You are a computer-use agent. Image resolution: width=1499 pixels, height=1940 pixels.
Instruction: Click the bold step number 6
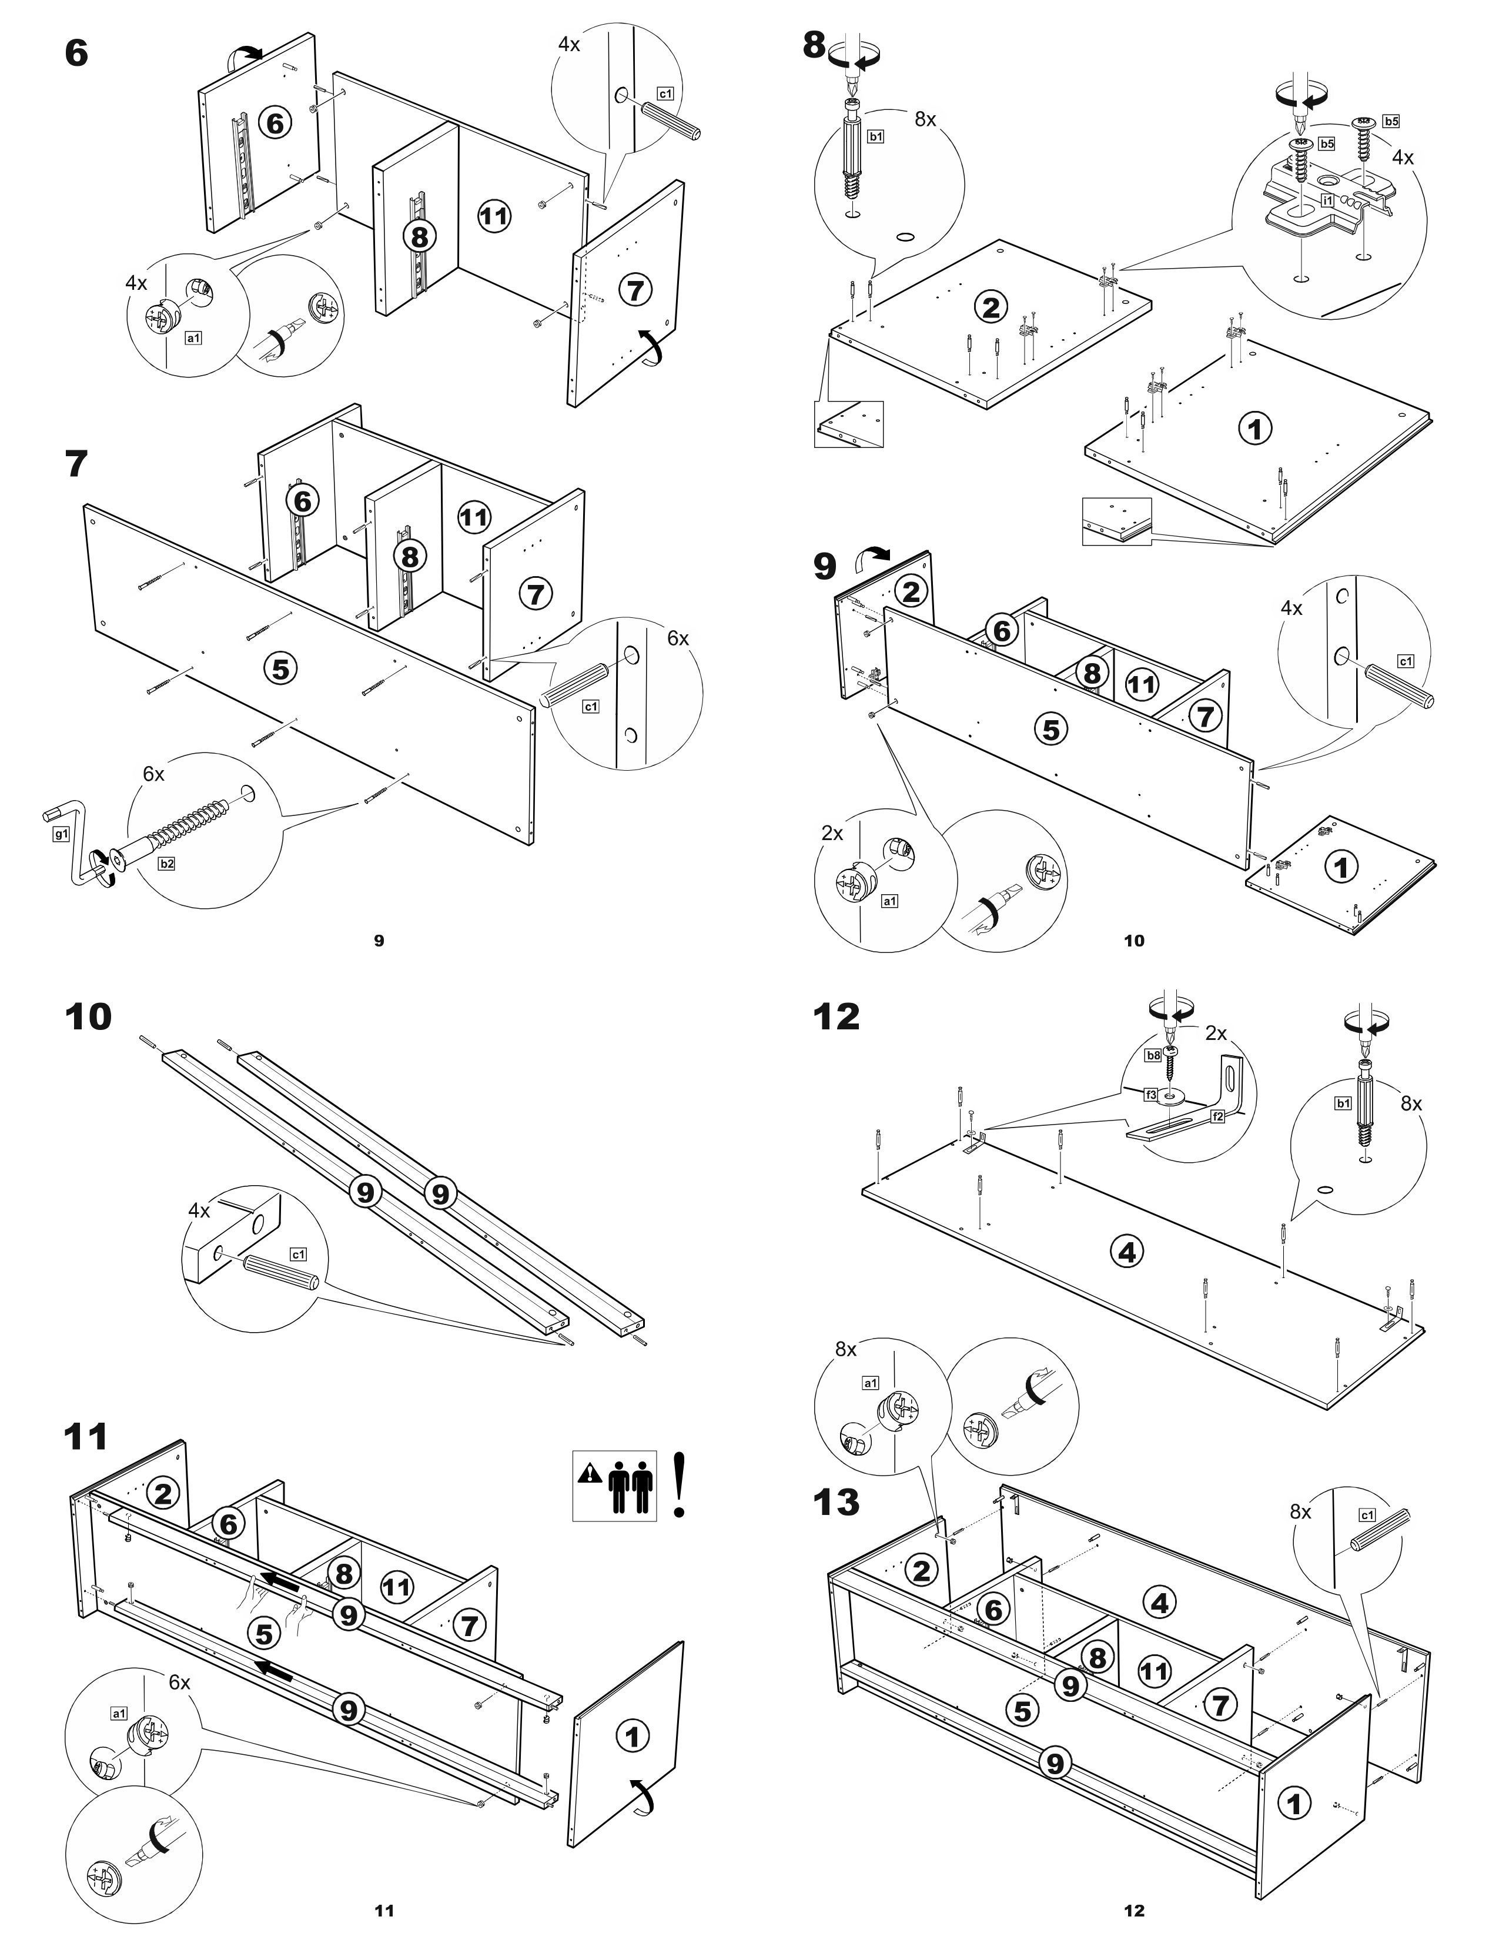[77, 53]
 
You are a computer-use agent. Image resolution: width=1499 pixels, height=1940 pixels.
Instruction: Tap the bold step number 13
[837, 1502]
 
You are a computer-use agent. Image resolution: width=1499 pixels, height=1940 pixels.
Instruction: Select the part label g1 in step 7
[61, 834]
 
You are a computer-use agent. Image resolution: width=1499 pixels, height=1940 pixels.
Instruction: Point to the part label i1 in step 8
[1327, 200]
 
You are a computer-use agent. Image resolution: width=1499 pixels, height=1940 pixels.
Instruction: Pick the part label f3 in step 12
[1151, 1095]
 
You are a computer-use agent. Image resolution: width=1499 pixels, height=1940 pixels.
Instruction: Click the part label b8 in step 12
[1153, 1055]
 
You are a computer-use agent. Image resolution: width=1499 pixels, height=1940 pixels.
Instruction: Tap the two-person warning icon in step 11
[614, 1485]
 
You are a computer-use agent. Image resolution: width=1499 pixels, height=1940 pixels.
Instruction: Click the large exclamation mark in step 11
[680, 1484]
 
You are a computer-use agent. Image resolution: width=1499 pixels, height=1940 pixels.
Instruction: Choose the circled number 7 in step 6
[635, 290]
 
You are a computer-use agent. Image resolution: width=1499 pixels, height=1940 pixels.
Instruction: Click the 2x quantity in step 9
[832, 833]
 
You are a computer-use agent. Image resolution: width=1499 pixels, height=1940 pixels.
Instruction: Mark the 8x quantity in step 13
[1300, 1511]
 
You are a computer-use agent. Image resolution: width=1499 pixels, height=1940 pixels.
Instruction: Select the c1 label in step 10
[299, 1255]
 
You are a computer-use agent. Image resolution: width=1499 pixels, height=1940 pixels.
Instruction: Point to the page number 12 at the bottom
[1134, 1910]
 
